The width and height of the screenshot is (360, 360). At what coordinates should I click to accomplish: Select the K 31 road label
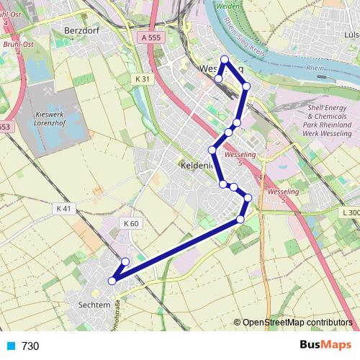pos(143,77)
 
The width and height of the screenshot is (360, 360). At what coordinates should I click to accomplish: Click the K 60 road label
pos(130,223)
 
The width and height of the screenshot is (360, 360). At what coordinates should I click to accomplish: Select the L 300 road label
pos(351,212)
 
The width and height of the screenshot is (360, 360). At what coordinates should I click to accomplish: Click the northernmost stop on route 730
pos(225,60)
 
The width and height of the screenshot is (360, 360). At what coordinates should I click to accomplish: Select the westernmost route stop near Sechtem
pos(112,281)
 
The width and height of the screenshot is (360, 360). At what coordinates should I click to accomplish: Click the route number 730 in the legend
pos(30,346)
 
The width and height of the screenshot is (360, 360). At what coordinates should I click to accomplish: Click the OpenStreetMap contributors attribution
pos(297,323)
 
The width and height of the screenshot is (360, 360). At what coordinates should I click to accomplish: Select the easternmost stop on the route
pos(248,197)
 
